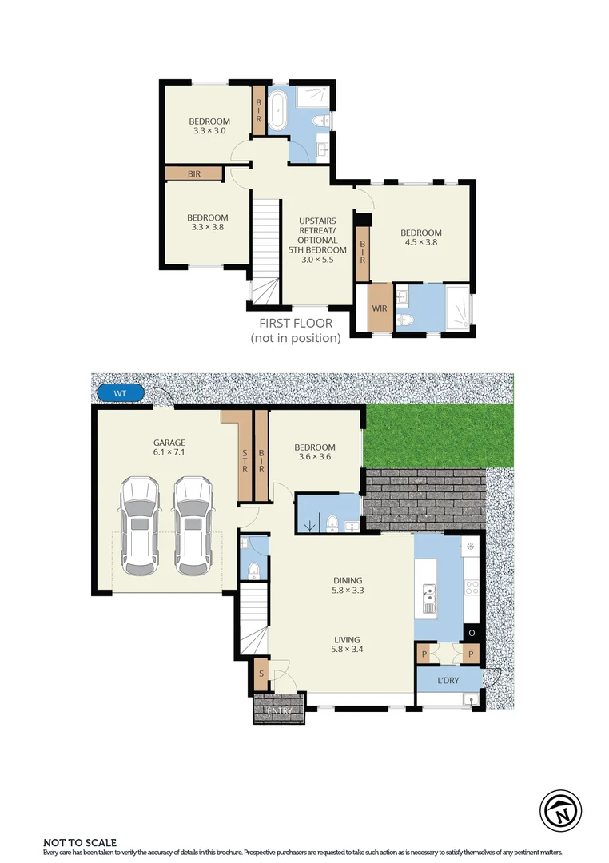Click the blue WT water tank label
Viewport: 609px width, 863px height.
(119, 393)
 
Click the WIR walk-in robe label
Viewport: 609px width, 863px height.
(380, 307)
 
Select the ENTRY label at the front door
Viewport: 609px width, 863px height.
(280, 710)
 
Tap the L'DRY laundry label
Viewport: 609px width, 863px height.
(448, 681)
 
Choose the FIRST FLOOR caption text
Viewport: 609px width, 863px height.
(296, 324)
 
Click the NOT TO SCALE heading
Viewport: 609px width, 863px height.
(80, 842)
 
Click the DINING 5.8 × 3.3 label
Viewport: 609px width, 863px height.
(348, 586)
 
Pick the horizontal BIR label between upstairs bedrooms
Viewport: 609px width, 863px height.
(193, 173)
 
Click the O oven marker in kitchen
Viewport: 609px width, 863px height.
(472, 633)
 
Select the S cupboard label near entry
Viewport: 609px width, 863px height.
(261, 674)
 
